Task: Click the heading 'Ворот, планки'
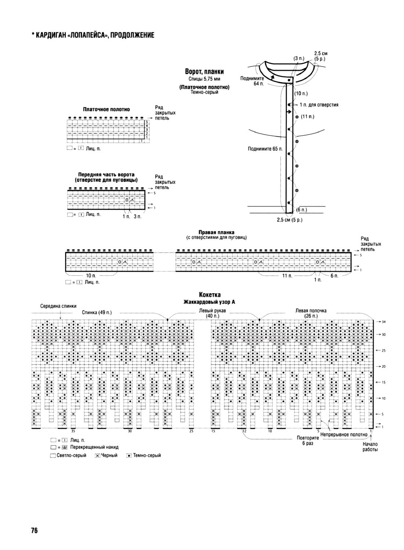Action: click(205, 72)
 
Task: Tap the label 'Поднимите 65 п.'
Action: click(265, 149)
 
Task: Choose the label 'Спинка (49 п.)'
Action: click(97, 312)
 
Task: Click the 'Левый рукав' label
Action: click(212, 310)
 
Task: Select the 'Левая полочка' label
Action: click(311, 310)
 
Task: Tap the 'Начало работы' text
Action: click(370, 447)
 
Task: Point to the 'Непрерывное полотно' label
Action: click(344, 435)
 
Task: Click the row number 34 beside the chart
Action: click(383, 322)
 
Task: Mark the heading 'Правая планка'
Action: click(216, 232)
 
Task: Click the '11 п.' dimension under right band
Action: click(287, 276)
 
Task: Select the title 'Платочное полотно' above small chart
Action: click(106, 109)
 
